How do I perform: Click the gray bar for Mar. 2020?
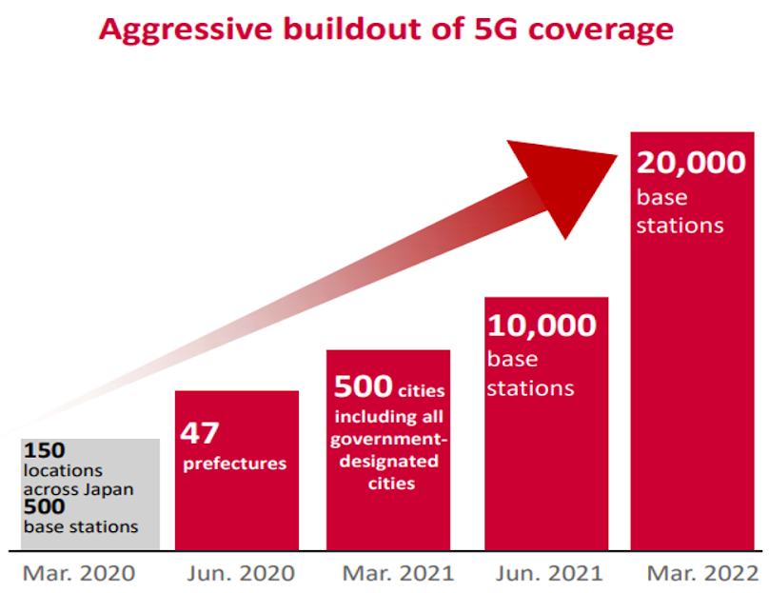pos(90,494)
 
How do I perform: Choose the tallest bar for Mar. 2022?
pos(692,381)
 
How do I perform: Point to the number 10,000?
pos(542,326)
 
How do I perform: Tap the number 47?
pos(200,432)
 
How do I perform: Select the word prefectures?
pos(233,464)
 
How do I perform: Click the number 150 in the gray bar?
pos(45,449)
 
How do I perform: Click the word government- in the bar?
pos(386,439)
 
